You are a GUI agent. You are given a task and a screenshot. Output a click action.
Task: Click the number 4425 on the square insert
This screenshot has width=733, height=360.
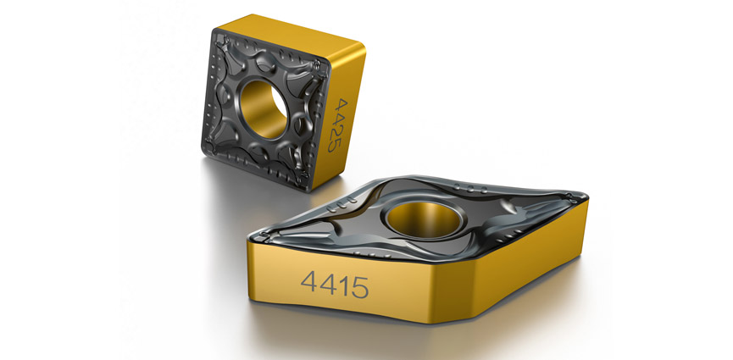point(339,125)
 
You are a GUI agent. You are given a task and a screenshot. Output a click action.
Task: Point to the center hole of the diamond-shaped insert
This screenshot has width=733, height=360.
point(421,219)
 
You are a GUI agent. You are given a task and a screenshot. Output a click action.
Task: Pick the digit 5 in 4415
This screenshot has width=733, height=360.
point(358,286)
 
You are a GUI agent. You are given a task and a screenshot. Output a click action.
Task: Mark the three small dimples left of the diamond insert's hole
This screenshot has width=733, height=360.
point(343,207)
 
